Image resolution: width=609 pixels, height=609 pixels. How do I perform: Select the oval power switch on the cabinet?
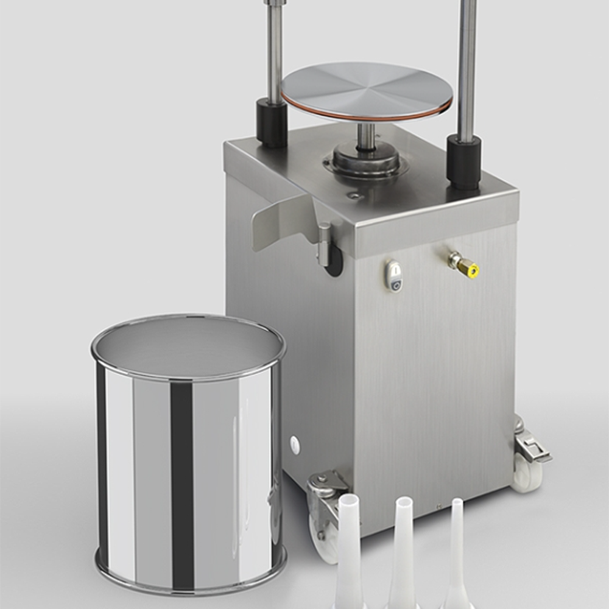(394, 275)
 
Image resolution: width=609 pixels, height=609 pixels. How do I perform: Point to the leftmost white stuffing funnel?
(350, 548)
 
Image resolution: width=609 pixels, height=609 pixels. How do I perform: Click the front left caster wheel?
(323, 536)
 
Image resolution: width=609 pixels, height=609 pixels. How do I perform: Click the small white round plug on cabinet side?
(295, 445)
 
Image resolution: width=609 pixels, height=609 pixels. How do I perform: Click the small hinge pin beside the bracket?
(325, 244)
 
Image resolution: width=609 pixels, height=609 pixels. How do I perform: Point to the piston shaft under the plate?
(366, 135)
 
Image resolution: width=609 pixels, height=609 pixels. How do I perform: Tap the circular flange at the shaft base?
(365, 161)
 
